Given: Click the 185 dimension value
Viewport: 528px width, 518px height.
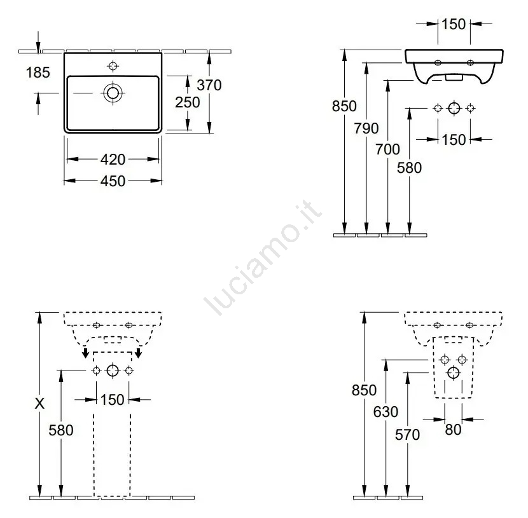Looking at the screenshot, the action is [x=38, y=72].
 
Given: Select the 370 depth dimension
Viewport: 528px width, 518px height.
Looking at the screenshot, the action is [x=209, y=85].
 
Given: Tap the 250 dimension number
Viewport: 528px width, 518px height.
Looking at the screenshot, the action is [x=188, y=102].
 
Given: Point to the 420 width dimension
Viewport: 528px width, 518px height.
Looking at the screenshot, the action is [x=113, y=160].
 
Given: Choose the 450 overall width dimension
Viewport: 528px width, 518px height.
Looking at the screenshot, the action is [x=113, y=181].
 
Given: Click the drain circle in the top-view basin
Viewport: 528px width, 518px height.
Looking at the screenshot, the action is [x=113, y=93].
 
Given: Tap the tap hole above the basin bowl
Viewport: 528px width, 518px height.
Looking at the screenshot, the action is [x=113, y=65].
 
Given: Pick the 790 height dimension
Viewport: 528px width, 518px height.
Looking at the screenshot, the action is [x=366, y=128].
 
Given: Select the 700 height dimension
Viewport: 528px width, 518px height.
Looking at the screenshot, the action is [x=388, y=149].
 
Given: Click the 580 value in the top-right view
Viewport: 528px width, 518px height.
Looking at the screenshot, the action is [x=409, y=168].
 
